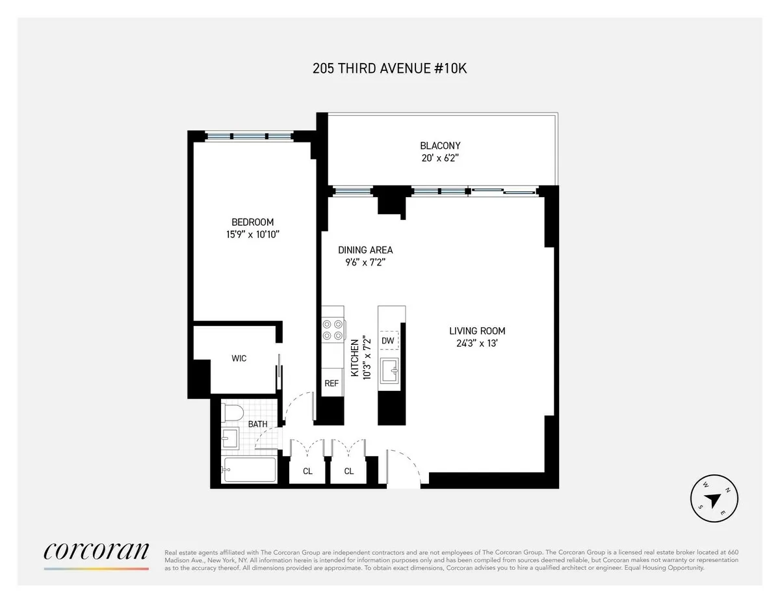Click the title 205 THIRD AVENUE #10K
390,68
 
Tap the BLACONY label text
440,146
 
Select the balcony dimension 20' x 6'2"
440,158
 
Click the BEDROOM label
252,222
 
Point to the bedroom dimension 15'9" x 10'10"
252,234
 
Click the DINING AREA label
365,250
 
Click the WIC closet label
239,358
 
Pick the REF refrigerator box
331,383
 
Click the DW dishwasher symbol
388,340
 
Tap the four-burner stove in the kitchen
332,330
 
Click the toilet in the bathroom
232,412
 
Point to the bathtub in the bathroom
250,469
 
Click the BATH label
258,424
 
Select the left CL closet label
307,471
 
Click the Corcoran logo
96,551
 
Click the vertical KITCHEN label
355,358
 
